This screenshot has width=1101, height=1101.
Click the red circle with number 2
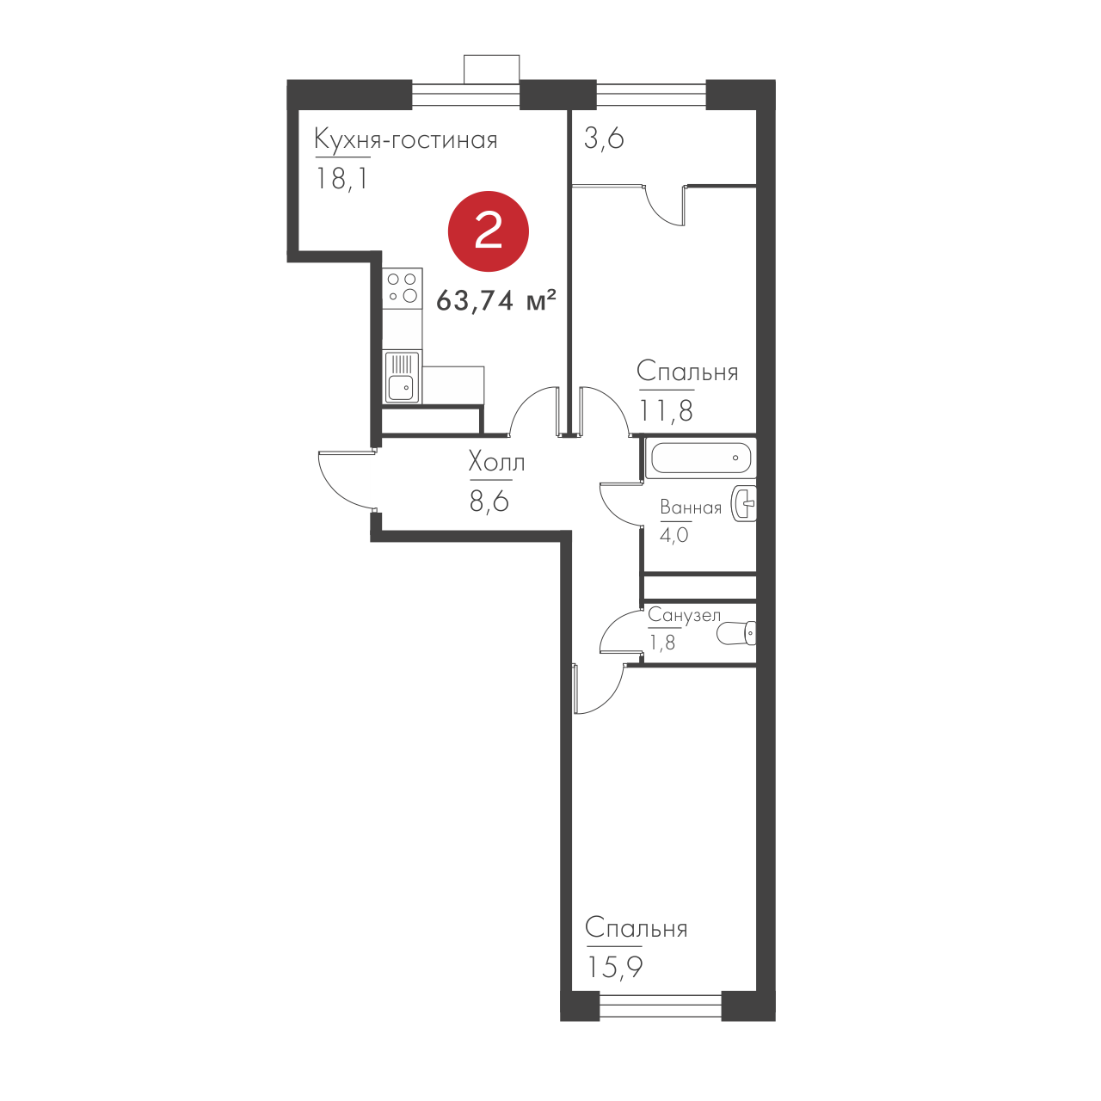[x=488, y=231]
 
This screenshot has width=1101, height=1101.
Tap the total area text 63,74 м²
[x=496, y=300]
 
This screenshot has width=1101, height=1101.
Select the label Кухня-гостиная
[x=406, y=140]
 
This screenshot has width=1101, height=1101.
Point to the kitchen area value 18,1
[x=341, y=179]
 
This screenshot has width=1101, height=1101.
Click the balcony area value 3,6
[x=604, y=138]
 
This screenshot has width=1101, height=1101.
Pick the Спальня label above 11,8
[x=687, y=372]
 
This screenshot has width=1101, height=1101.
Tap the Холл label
[x=496, y=462]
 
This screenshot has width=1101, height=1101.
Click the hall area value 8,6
[x=489, y=501]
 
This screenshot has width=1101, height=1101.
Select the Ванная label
[x=691, y=507]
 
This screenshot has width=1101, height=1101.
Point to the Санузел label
[x=684, y=615]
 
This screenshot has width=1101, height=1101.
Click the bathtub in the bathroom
[x=701, y=458]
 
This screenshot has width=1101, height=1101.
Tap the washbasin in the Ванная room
[x=745, y=503]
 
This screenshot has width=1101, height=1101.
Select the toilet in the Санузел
[x=736, y=633]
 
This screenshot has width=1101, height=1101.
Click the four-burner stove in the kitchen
[x=403, y=288]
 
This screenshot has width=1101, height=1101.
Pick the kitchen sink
[x=403, y=377]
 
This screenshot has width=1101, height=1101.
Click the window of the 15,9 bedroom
[x=661, y=1015]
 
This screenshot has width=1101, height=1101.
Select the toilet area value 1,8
[x=662, y=643]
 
